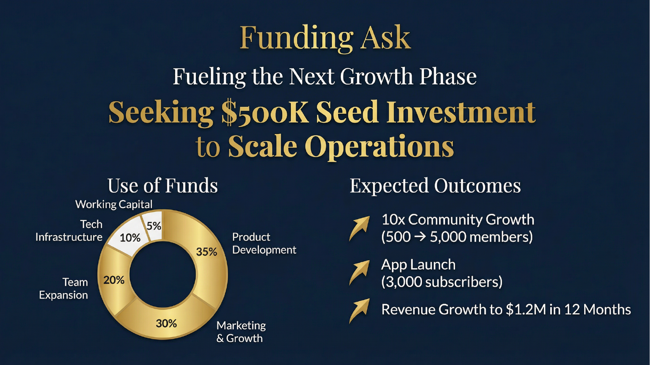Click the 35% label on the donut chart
[x=206, y=252]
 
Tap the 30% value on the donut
[x=166, y=323]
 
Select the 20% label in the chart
[x=114, y=280]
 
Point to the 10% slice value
[x=130, y=238]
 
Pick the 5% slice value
[x=154, y=226]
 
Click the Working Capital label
[x=114, y=204]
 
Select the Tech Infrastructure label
[x=69, y=231]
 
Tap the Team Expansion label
[x=64, y=288]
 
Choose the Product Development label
[x=264, y=243]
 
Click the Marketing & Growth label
[x=241, y=332]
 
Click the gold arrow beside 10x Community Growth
[x=360, y=228]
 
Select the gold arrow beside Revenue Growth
[x=360, y=310]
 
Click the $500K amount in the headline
[x=265, y=113]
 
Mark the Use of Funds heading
[x=162, y=186]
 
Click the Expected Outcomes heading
[x=435, y=186]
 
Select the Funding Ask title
[x=325, y=38]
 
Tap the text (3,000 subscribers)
[x=442, y=282]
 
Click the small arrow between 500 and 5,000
[x=420, y=237]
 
